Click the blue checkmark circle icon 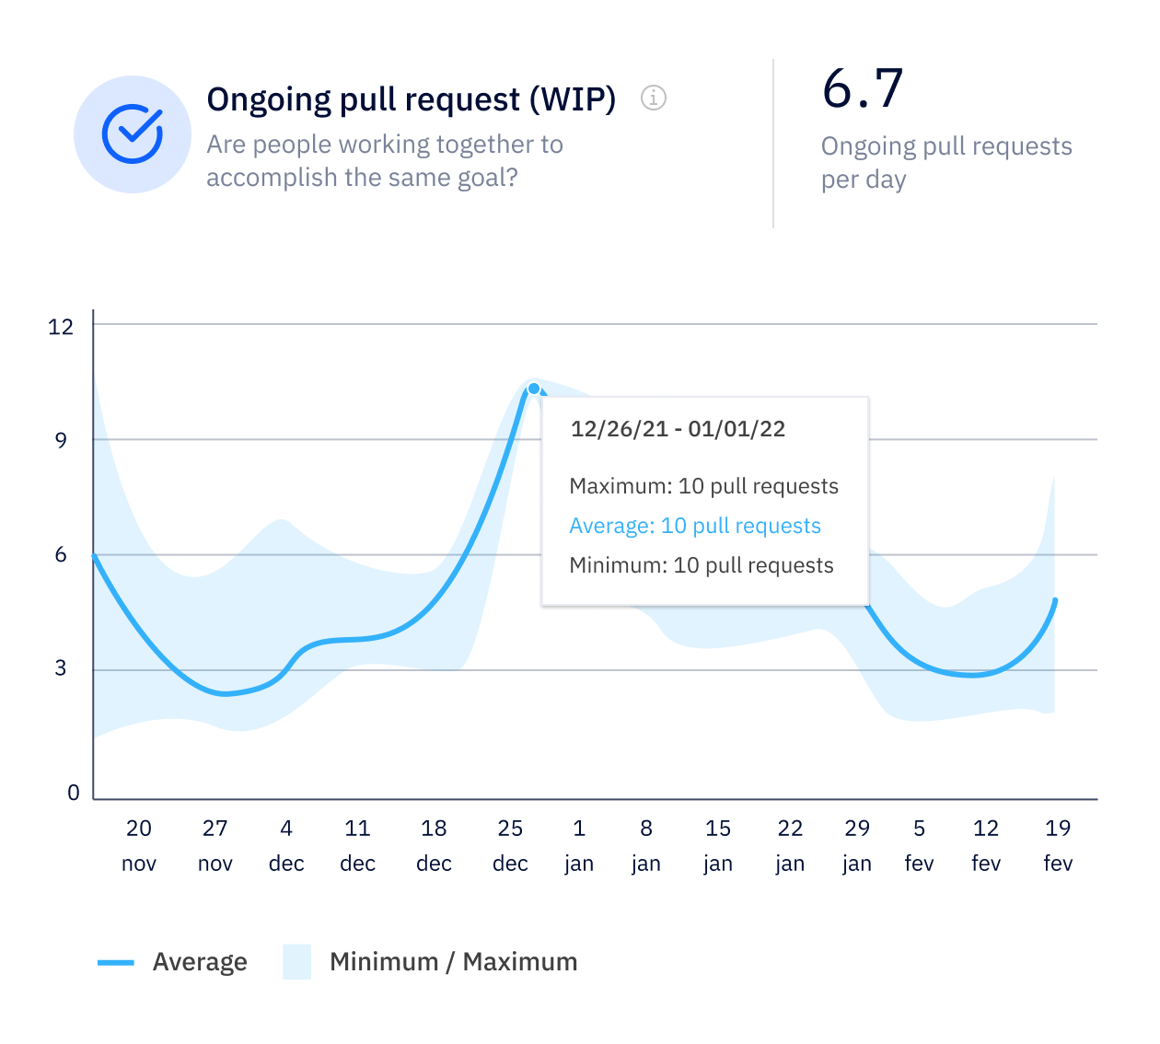pyautogui.click(x=133, y=134)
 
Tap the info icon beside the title pyautogui.click(x=654, y=98)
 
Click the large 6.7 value pyautogui.click(x=863, y=89)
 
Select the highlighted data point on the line pyautogui.click(x=534, y=389)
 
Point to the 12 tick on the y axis pyautogui.click(x=61, y=327)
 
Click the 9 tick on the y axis pyautogui.click(x=61, y=441)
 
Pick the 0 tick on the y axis pyautogui.click(x=74, y=794)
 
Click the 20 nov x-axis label pyautogui.click(x=139, y=845)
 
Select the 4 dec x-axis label pyautogui.click(x=286, y=845)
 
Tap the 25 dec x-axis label pyautogui.click(x=510, y=845)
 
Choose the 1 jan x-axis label pyautogui.click(x=579, y=845)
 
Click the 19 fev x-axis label pyautogui.click(x=1058, y=845)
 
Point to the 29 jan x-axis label pyautogui.click(x=857, y=845)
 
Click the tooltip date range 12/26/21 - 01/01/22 pyautogui.click(x=678, y=429)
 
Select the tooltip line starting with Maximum pyautogui.click(x=703, y=486)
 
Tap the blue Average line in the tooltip pyautogui.click(x=695, y=526)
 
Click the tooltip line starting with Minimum pyautogui.click(x=702, y=565)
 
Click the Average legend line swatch pyautogui.click(x=116, y=962)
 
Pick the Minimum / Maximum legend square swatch pyautogui.click(x=296, y=962)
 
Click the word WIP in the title pyautogui.click(x=572, y=99)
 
